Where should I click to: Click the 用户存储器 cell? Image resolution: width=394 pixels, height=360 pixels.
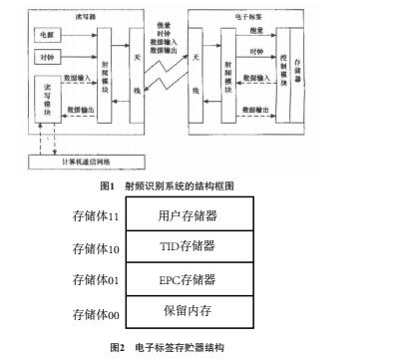click(x=188, y=214)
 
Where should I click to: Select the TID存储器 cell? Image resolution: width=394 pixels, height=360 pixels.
click(x=188, y=245)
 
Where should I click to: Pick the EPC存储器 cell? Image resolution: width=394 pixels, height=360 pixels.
click(x=188, y=280)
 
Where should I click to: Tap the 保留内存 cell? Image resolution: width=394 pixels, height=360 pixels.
click(x=188, y=312)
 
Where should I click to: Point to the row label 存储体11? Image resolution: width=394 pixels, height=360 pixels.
click(x=96, y=215)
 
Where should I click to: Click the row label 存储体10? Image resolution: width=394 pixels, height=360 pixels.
click(x=96, y=247)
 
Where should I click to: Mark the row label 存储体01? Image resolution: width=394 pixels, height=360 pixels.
click(x=96, y=282)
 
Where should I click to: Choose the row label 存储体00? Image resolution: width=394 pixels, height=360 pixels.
click(x=96, y=314)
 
